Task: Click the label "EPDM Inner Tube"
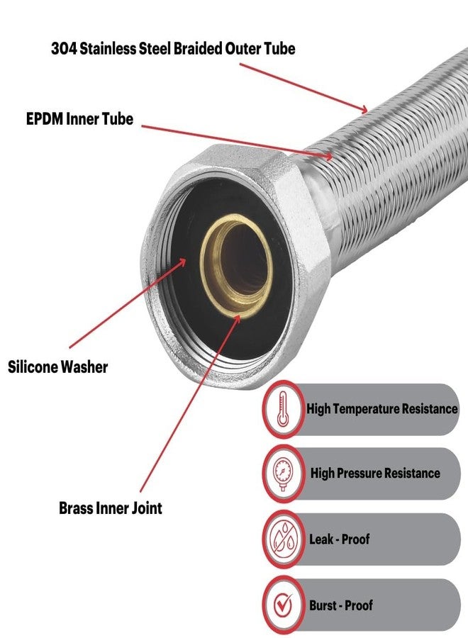point(79,119)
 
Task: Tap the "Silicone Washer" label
point(57,366)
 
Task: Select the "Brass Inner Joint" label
point(111,508)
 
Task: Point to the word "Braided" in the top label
point(198,49)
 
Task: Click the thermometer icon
point(283,409)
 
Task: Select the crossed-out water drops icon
point(283,539)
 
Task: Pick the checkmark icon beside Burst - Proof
point(283,605)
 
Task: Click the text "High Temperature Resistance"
point(381,408)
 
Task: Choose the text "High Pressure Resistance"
point(375,474)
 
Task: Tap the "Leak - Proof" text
point(340,539)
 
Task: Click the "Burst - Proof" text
point(340,605)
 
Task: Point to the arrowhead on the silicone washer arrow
point(183,261)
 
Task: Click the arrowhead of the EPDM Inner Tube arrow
point(328,155)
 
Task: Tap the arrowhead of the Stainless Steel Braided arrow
point(363,108)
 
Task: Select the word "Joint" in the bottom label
point(147,508)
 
